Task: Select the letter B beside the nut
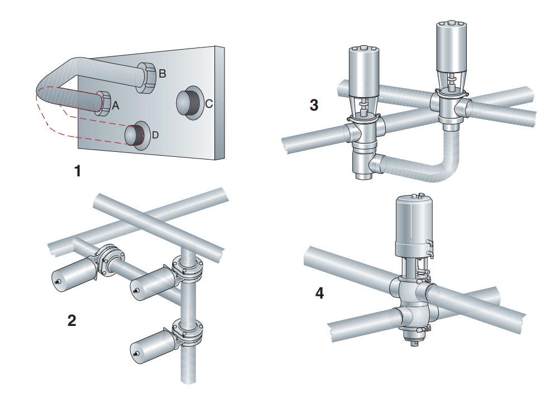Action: [x=162, y=73]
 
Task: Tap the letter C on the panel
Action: [x=208, y=103]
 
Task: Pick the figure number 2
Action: [x=71, y=320]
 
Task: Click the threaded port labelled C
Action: [x=189, y=103]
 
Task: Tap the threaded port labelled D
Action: [x=135, y=135]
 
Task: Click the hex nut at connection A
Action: [x=103, y=103]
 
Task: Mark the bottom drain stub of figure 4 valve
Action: [x=414, y=342]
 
